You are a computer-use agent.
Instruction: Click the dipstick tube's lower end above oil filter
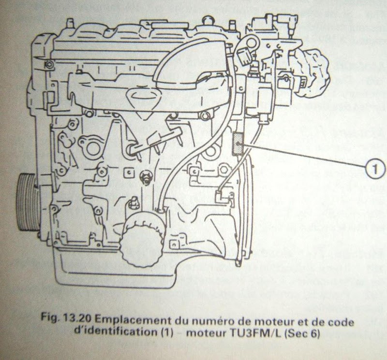click(160, 209)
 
